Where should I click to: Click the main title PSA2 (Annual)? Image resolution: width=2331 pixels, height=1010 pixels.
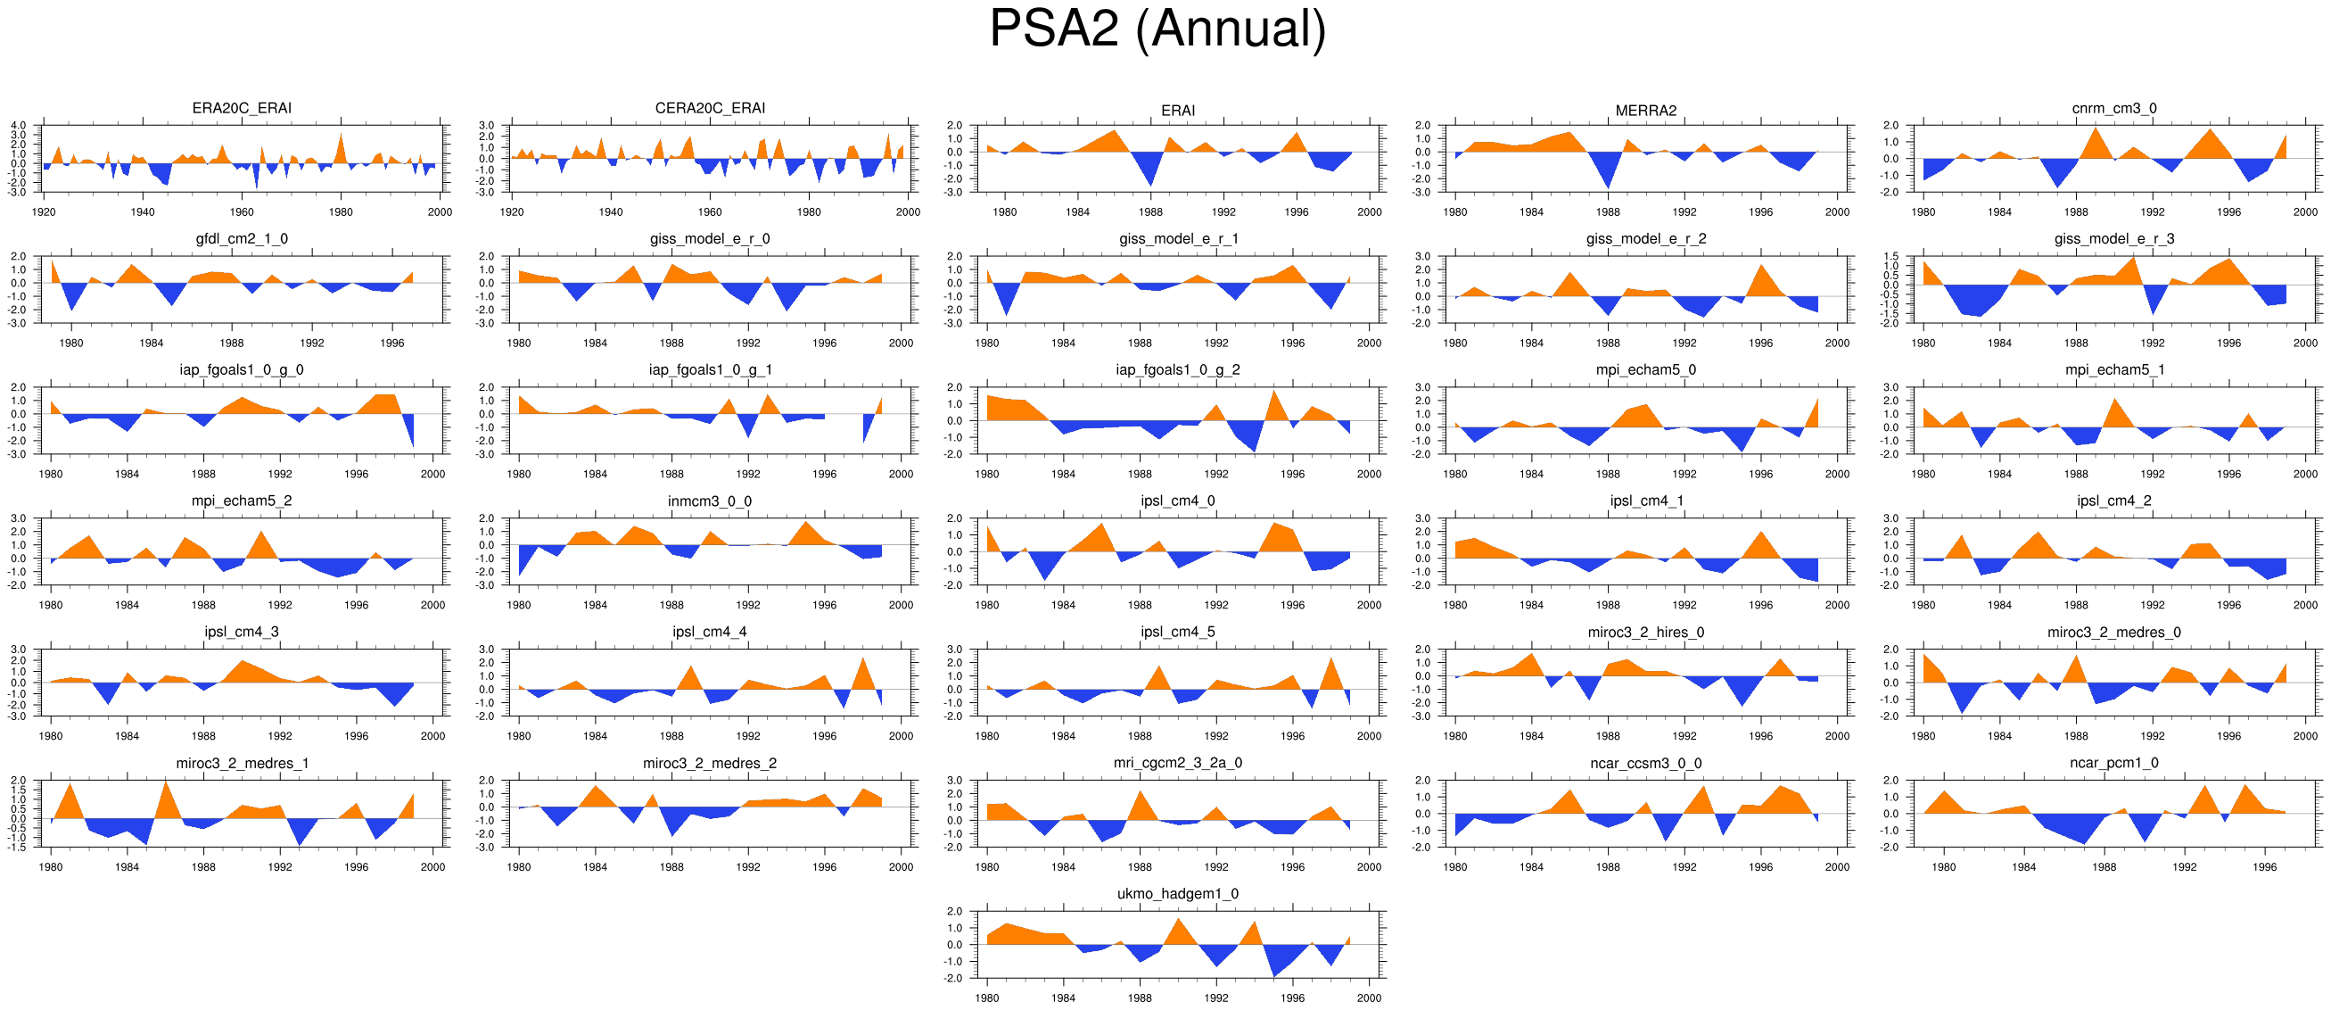pos(1157,29)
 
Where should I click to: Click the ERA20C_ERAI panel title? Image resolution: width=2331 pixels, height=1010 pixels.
pos(242,108)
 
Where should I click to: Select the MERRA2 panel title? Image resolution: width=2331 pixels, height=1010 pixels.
pos(1645,111)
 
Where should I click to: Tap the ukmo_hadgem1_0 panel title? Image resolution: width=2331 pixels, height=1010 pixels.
pos(1177,893)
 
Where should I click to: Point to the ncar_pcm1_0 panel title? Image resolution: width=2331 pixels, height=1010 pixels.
pos(2113,763)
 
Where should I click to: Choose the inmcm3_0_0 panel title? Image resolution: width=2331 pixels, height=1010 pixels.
pos(710,501)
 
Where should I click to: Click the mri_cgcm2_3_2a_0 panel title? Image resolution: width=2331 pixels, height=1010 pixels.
pos(1177,763)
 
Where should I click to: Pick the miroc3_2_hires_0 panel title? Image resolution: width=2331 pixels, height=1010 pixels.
pos(1645,632)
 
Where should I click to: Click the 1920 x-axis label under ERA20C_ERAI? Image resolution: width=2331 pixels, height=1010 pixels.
pos(44,211)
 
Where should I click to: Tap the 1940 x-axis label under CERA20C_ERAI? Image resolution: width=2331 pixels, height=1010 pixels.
pos(611,211)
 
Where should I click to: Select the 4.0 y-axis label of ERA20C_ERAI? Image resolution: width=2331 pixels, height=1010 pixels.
pos(19,125)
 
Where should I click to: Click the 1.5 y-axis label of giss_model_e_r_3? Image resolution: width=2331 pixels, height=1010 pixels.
pos(1891,256)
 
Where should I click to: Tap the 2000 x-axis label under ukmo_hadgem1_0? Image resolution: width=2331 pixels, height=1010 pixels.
pos(1369,998)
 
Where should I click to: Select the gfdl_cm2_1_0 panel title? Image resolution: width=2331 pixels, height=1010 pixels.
pos(242,239)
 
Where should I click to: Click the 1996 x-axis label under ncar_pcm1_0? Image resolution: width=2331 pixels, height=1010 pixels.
pos(2265,867)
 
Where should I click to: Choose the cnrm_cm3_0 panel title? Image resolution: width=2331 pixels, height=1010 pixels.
pos(2113,108)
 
